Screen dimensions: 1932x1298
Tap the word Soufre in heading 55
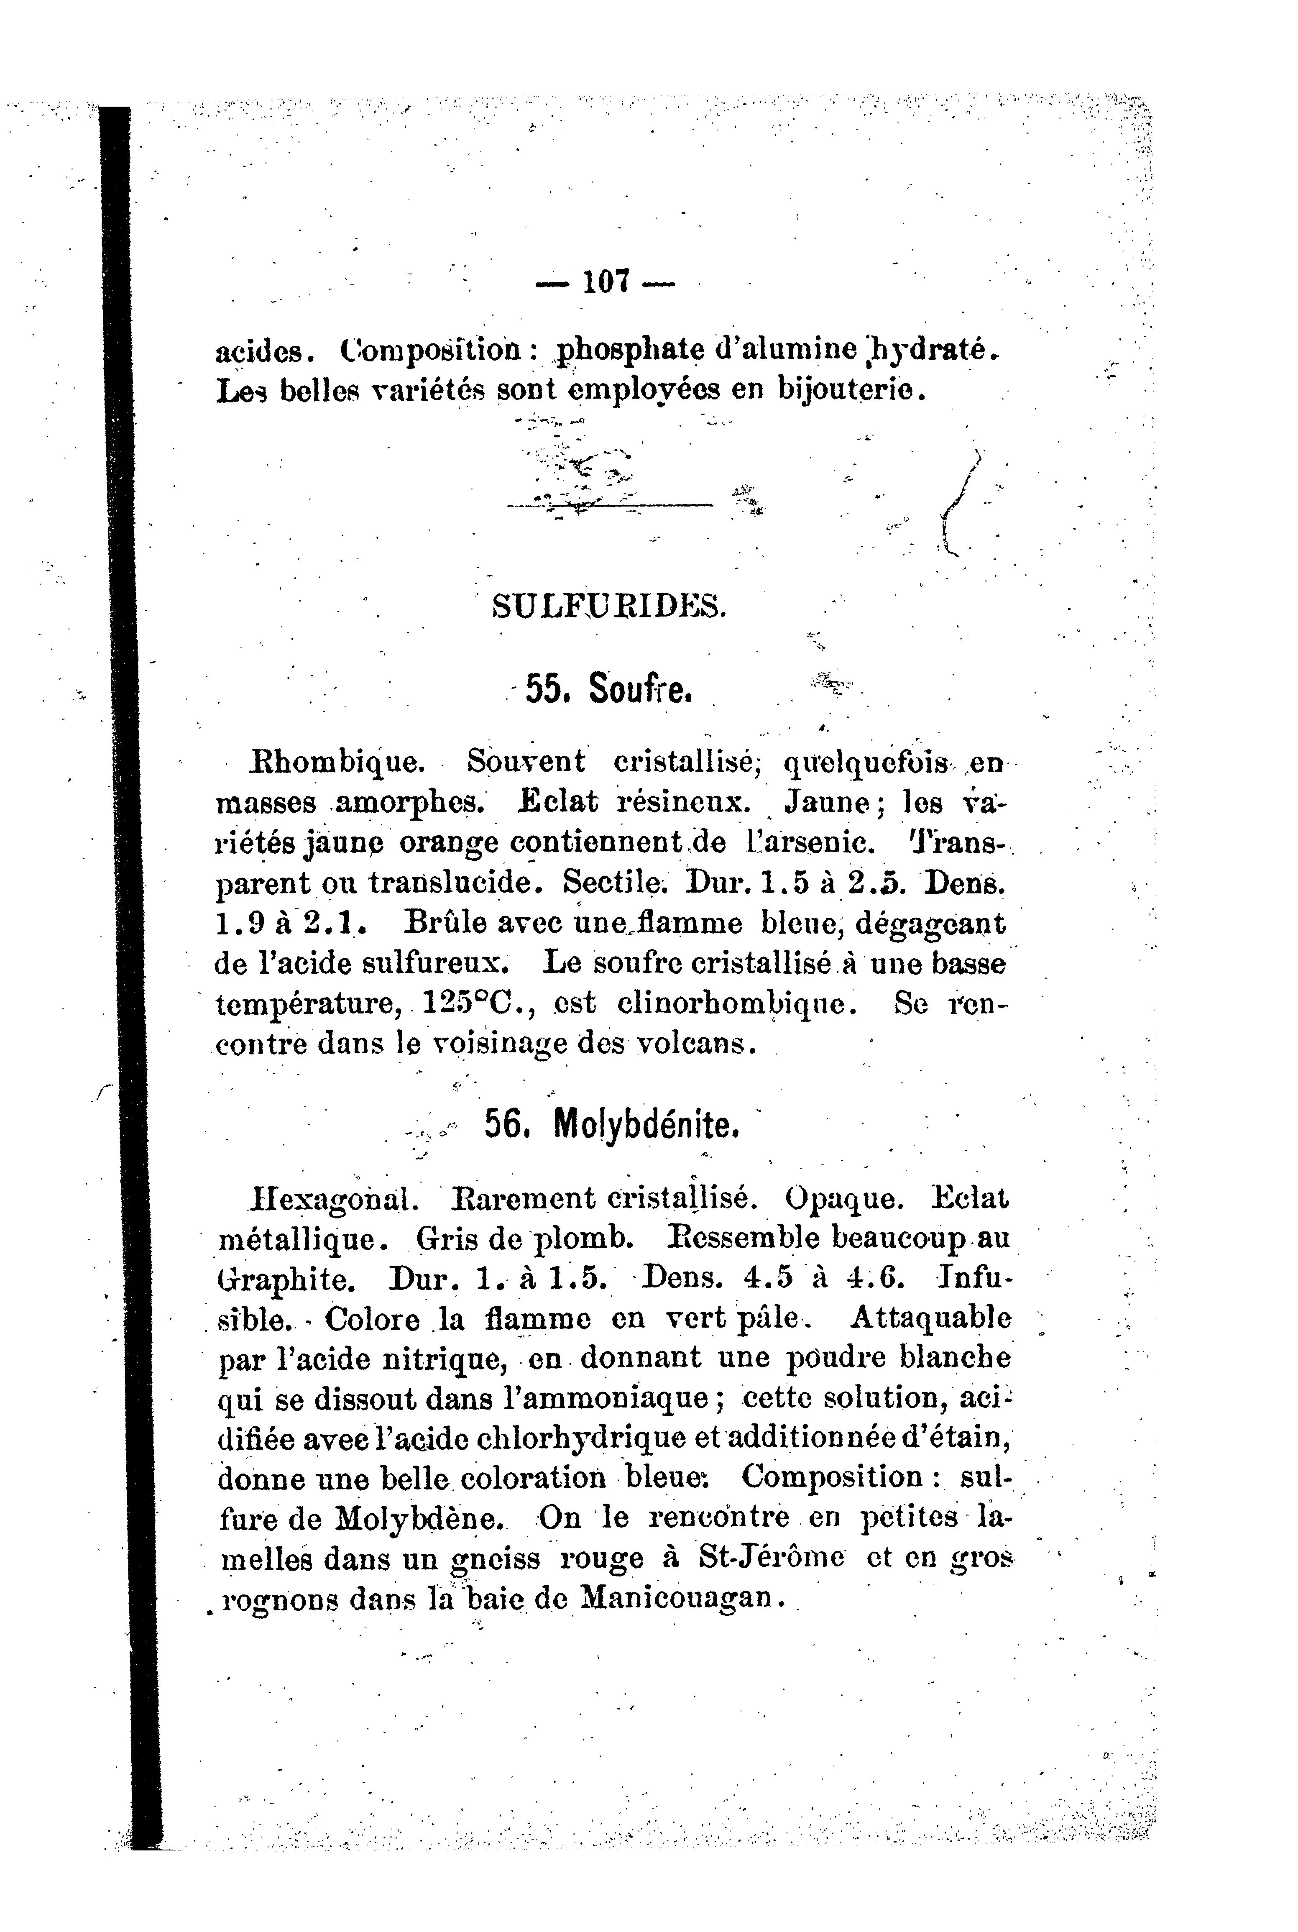point(640,689)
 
